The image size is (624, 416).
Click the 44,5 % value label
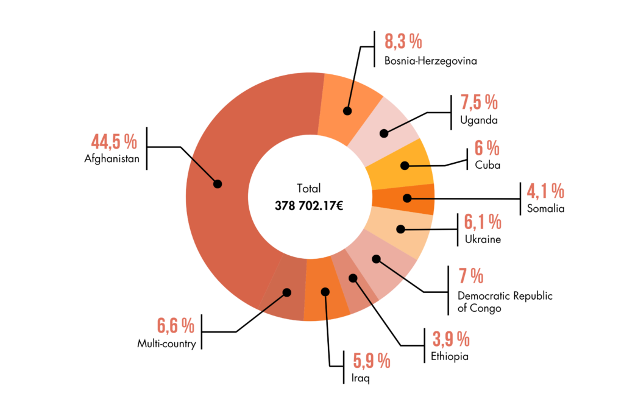(114, 142)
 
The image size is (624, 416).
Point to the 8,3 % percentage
(403, 41)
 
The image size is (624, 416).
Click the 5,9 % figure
(371, 361)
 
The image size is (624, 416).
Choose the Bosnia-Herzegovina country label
(430, 61)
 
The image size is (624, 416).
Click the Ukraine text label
(482, 239)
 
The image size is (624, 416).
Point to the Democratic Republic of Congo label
(505, 302)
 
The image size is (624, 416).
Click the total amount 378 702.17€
(309, 206)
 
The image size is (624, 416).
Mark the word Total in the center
(309, 188)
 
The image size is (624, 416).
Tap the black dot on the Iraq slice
(325, 292)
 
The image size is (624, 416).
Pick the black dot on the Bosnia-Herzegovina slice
(347, 111)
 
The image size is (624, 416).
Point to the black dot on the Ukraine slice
(400, 229)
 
